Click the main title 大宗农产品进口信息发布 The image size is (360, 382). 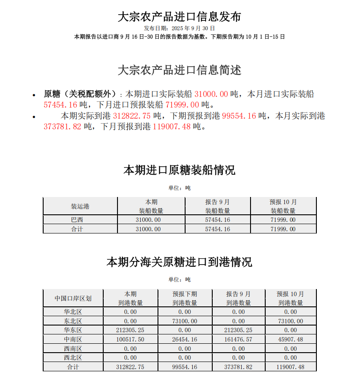click(x=179, y=16)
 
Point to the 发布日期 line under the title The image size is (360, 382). click(x=179, y=28)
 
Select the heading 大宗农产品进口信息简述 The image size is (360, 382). click(x=179, y=70)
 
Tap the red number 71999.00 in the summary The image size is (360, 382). click(x=182, y=105)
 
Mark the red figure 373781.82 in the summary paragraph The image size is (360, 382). click(x=63, y=127)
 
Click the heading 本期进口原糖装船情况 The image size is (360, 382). click(x=179, y=170)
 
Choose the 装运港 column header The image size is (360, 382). click(x=80, y=206)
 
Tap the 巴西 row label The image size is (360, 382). click(x=77, y=220)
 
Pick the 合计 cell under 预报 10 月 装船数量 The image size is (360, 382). click(x=283, y=229)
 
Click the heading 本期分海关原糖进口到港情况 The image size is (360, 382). click(x=179, y=262)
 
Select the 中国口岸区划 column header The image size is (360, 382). click(x=73, y=298)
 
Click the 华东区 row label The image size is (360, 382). click(x=73, y=330)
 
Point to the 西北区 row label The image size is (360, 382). click(x=73, y=358)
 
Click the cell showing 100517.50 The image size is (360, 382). click(x=130, y=339)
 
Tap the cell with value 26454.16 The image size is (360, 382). click(x=185, y=339)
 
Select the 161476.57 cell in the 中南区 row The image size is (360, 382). click(x=239, y=339)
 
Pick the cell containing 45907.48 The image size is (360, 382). click(x=291, y=339)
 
